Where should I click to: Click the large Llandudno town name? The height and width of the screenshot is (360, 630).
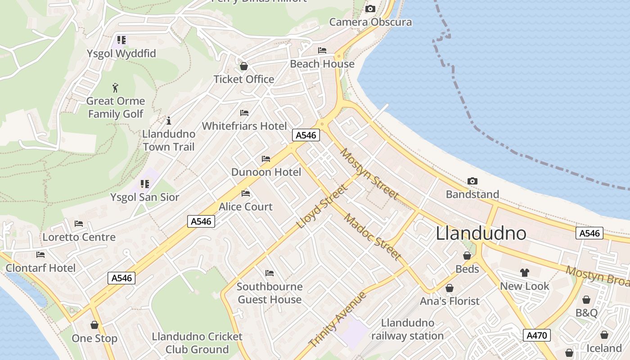coord(481,234)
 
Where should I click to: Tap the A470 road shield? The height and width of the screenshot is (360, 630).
coord(537,335)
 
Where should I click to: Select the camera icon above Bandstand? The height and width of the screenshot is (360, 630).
coord(472,181)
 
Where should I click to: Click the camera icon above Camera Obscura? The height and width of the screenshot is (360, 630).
coord(370,9)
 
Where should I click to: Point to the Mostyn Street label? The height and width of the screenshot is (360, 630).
coord(369,173)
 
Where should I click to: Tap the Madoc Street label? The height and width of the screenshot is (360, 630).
coord(373,237)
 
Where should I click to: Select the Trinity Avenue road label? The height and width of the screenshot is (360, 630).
coord(338,319)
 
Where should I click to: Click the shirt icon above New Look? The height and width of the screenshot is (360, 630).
coord(525,272)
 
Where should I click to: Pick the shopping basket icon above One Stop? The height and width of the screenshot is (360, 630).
coord(94,325)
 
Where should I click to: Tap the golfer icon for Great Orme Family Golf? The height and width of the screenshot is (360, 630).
coord(116,87)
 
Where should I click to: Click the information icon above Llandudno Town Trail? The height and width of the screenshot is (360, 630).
coord(169,121)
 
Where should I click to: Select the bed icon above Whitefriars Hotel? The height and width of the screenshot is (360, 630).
coord(244,112)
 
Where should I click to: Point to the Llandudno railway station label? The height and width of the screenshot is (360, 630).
coord(407,329)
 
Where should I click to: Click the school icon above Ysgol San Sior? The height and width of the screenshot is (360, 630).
coord(144,184)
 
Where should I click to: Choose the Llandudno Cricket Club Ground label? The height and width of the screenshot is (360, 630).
coord(197,343)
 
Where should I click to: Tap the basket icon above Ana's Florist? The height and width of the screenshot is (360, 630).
coord(449,288)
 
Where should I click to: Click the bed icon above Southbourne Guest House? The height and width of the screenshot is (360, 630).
coord(270,273)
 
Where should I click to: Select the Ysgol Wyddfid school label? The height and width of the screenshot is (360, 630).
coord(121,54)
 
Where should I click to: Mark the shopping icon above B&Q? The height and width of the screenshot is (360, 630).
coord(586,300)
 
